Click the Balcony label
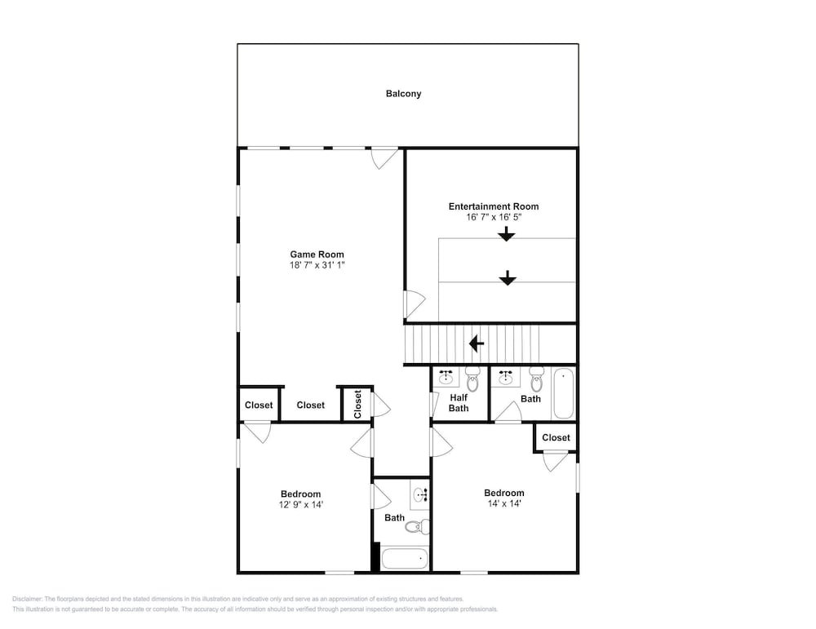point(403,94)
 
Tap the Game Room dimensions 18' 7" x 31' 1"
point(317,265)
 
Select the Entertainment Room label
point(494,206)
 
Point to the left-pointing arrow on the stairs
point(477,343)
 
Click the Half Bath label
point(459,403)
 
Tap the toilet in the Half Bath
point(472,379)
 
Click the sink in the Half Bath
point(446,377)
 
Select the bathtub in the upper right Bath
point(563,392)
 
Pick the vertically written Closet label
point(357,405)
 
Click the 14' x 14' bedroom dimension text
point(504,503)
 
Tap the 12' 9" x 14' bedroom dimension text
point(301,505)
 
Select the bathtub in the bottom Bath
point(405,559)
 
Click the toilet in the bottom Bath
point(417,526)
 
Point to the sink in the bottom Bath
point(420,494)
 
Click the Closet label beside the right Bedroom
point(556,437)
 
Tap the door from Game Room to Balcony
point(384,158)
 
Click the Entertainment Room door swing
point(415,303)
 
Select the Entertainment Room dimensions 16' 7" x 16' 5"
point(494,218)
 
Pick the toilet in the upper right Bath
point(537,379)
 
